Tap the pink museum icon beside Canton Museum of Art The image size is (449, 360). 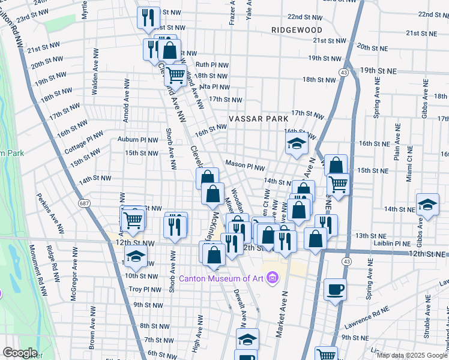point(273,278)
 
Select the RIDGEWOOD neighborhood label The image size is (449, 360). point(296,29)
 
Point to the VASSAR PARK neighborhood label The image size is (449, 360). point(258,119)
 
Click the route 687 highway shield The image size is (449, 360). point(84,205)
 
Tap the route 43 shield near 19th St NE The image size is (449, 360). point(344,72)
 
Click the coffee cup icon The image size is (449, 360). point(335,290)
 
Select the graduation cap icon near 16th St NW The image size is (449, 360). point(296,144)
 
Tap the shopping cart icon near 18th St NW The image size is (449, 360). point(175,75)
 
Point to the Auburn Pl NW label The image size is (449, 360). point(137,140)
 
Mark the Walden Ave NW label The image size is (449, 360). point(94,77)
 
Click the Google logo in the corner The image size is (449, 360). point(20,353)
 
